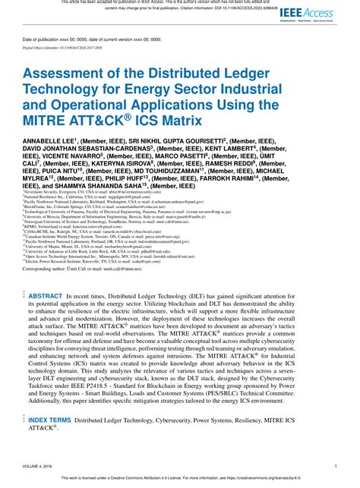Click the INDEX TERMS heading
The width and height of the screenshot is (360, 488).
[49, 419]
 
